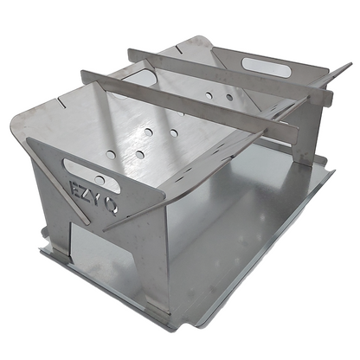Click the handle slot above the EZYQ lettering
click(x=92, y=176)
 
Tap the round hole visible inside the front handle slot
click(x=100, y=180)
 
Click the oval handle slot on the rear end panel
click(x=266, y=67)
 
